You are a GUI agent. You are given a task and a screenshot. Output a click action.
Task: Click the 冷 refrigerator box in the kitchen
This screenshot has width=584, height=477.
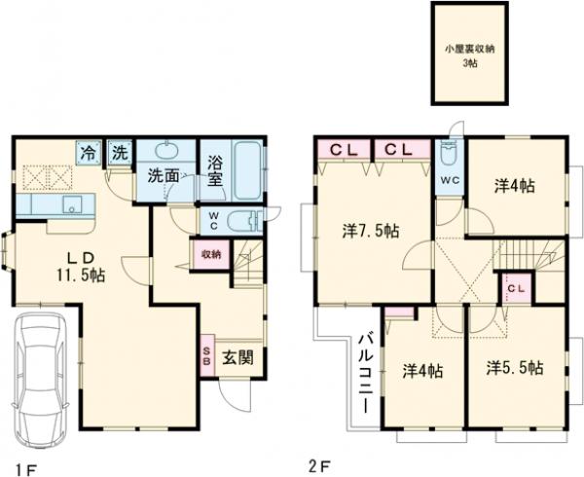click(89, 152)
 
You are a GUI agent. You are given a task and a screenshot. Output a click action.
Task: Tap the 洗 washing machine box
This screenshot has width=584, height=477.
click(120, 152)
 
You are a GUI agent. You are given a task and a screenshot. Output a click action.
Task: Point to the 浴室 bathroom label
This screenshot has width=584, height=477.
click(215, 171)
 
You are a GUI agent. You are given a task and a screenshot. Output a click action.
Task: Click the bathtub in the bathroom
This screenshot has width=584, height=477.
click(247, 170)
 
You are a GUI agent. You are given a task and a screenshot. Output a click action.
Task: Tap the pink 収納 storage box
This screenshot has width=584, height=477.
click(211, 255)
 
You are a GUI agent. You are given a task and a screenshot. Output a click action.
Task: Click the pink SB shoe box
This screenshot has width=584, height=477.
click(207, 355)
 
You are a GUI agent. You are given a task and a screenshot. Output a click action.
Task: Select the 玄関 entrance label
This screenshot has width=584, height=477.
click(238, 358)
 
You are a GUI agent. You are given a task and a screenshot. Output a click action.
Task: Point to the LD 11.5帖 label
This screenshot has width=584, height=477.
click(81, 267)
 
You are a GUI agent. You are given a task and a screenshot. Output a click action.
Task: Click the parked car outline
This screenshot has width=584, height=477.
click(41, 379)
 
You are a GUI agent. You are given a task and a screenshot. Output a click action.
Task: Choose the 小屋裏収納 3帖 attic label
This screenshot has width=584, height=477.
click(470, 55)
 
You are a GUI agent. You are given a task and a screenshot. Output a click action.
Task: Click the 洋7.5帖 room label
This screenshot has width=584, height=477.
click(371, 232)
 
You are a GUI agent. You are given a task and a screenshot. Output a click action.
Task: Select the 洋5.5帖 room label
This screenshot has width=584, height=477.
click(514, 368)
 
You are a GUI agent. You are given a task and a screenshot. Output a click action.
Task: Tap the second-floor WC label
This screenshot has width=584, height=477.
click(450, 180)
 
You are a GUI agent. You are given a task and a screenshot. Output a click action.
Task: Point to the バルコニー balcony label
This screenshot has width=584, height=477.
click(365, 374)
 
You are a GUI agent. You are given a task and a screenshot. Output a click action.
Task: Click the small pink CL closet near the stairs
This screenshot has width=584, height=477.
click(516, 288)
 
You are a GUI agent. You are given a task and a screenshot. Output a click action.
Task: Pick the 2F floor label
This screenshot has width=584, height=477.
click(320, 465)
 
